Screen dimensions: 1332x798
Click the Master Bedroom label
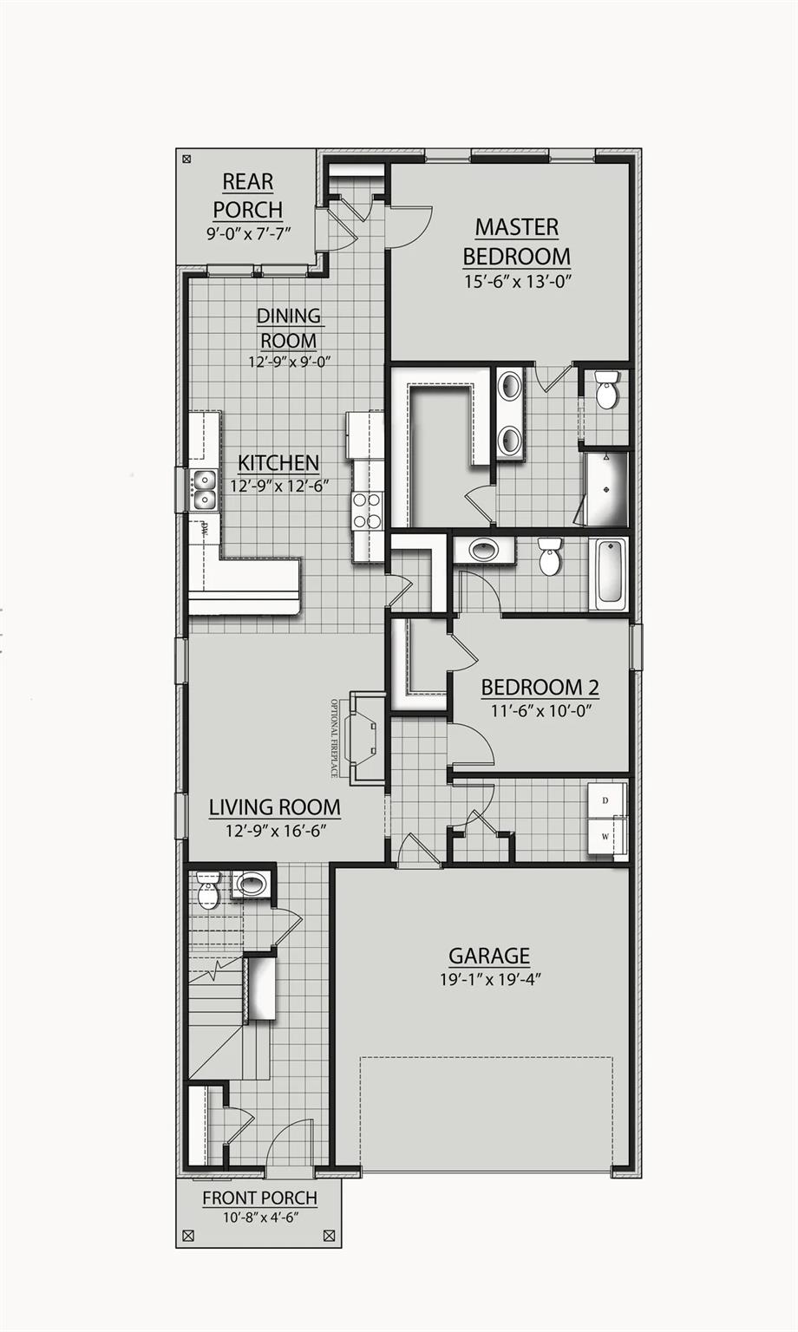coord(516,242)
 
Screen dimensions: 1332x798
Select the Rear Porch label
coord(247,196)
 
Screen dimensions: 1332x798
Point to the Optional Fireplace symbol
coord(363,736)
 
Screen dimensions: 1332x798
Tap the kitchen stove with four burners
coord(367,510)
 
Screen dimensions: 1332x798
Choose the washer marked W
coord(605,838)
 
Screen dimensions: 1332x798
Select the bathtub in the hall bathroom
coord(608,571)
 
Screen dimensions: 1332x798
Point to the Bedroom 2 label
coord(540,688)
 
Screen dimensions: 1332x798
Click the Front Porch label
coord(259,1198)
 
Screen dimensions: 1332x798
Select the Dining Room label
coord(289,328)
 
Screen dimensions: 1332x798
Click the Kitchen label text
coord(278,463)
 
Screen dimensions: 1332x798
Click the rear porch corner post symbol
coord(186,159)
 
